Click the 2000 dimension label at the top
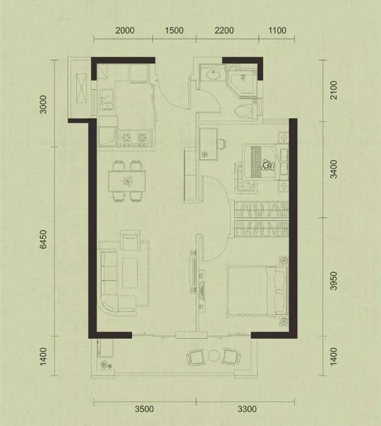pos(125,30)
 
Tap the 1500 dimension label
pos(174,30)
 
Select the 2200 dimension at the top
pos(224,30)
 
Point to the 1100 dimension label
pos(277,30)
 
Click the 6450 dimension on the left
pos(44,239)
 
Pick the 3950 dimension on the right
pos(333,281)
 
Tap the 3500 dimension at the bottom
pos(144,409)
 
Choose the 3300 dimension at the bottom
pos(247,409)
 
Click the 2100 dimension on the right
pos(333,90)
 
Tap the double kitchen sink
pos(106,100)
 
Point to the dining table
pos(126,181)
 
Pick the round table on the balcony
pos(213,355)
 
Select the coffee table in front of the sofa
pos(130,273)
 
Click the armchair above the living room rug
pos(130,241)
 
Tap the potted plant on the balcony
pos(105,365)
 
